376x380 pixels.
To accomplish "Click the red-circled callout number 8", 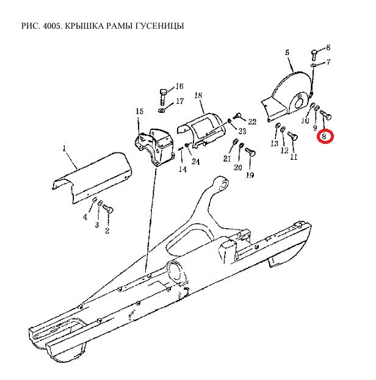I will [x=325, y=136].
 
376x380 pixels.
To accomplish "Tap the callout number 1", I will [x=63, y=148].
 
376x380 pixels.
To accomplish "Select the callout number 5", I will [x=287, y=54].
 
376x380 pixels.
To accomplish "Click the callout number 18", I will [x=198, y=96].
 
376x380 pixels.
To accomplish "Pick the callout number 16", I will [x=179, y=86].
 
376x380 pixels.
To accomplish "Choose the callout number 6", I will [x=328, y=48].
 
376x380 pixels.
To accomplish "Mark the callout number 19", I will [x=250, y=176].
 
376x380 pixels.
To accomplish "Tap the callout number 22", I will [x=252, y=122].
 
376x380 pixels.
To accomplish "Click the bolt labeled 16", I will [x=164, y=95].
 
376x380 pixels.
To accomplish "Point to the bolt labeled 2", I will [x=109, y=209].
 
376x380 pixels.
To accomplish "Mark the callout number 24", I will [x=195, y=162].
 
